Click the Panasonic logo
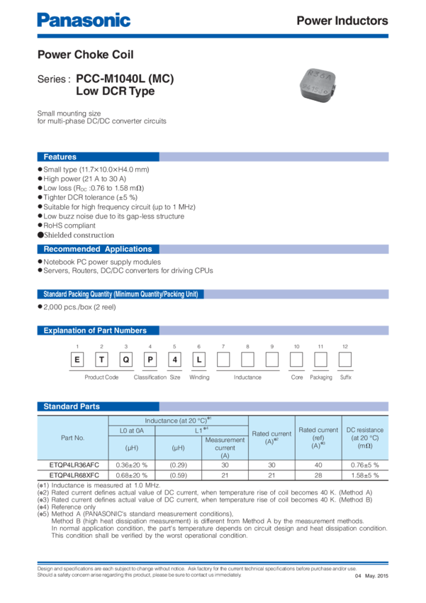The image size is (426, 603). [84, 20]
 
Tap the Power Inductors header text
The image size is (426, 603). [342, 21]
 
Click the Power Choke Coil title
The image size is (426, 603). [84, 55]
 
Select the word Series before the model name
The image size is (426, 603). [52, 80]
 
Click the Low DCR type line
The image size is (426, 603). [115, 92]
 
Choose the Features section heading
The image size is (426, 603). [60, 157]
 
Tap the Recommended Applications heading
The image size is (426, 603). [98, 249]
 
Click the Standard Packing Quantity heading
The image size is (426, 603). [120, 294]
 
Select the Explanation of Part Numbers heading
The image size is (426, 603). [95, 331]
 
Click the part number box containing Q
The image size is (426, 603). [126, 360]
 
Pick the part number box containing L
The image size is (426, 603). [199, 360]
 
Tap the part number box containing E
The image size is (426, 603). [78, 360]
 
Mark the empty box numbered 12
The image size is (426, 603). [345, 360]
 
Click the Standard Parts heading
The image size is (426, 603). [72, 406]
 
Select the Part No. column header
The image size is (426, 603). [72, 438]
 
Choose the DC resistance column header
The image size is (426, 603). [365, 438]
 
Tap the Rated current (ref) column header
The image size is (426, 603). [318, 438]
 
